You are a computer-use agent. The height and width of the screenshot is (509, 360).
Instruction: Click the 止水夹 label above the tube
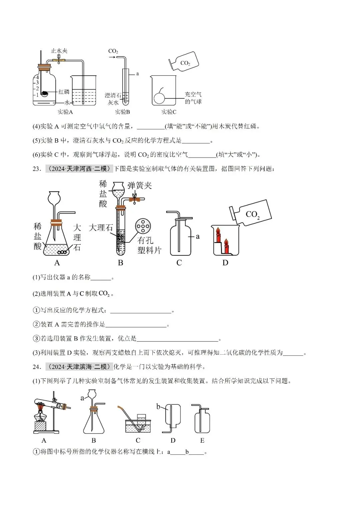(x=59, y=51)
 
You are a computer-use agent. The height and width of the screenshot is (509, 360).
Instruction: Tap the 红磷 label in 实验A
(x=64, y=92)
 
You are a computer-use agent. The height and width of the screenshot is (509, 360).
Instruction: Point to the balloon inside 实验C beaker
(x=159, y=98)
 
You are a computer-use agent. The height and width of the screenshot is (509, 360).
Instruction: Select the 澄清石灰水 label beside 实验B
(x=113, y=99)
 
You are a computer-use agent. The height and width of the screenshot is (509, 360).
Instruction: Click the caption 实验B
(x=122, y=112)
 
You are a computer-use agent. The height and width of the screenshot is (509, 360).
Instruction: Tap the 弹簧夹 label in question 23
(x=139, y=186)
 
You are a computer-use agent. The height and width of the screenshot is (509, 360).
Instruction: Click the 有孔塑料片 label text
(x=149, y=245)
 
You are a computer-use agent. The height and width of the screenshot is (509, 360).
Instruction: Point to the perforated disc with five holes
(x=143, y=226)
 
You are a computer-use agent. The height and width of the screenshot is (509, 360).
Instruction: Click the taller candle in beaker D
(x=218, y=235)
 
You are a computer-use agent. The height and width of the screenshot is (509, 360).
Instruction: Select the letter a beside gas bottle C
(x=198, y=236)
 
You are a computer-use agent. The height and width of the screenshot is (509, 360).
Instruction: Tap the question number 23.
(x=36, y=169)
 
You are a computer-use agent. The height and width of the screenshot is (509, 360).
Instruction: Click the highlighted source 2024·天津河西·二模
(x=79, y=169)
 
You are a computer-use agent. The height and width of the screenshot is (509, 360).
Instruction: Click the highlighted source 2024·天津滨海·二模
(x=79, y=367)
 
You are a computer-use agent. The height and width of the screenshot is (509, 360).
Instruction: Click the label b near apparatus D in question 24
(x=158, y=406)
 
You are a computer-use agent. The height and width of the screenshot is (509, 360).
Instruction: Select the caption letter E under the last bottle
(x=202, y=440)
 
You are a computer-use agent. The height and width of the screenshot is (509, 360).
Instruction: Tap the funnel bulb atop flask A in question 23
(x=54, y=198)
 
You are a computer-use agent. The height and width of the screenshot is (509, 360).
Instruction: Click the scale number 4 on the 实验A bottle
(x=37, y=77)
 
